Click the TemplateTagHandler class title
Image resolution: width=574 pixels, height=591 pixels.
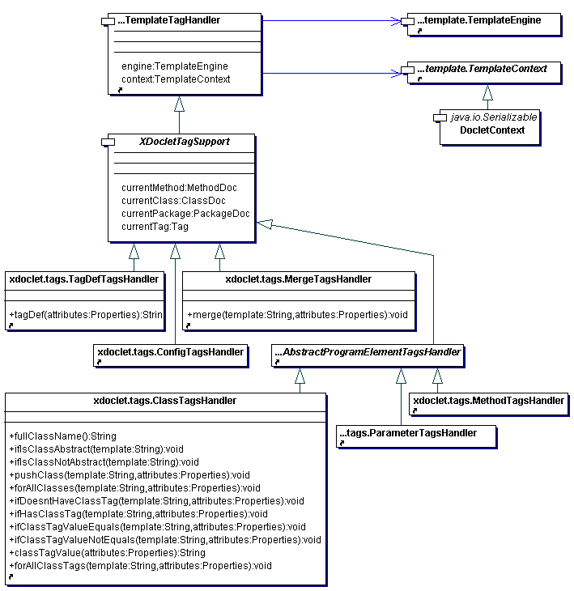coord(168,20)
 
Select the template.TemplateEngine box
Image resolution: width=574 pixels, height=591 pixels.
coord(484,24)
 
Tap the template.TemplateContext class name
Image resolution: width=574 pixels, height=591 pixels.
coord(482,69)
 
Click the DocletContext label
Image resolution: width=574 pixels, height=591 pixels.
coord(492,130)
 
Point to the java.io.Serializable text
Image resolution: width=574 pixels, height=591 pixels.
coord(494,117)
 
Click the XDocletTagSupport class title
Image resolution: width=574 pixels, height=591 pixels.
coord(185,142)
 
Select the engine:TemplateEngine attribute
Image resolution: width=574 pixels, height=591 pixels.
coord(175,66)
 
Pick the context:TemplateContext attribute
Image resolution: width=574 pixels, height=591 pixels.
coord(176,79)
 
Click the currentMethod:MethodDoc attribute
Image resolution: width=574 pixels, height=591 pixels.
coord(179,188)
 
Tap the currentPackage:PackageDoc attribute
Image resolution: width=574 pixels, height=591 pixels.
coord(185,214)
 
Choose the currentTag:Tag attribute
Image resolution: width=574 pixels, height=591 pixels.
coord(155,227)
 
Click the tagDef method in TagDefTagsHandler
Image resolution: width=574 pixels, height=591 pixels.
coord(86,315)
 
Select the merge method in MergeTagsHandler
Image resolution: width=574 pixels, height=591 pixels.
coord(297,315)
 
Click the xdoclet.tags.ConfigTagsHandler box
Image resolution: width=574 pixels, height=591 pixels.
coord(171,355)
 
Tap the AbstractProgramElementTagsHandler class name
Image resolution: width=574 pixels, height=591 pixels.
coord(368,352)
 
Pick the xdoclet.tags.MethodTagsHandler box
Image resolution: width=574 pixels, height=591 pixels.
coord(489,405)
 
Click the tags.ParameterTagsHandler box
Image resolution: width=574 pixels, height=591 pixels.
coord(416,437)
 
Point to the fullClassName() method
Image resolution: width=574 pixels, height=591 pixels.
coord(63,436)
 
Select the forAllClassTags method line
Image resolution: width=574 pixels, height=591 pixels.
coord(141,566)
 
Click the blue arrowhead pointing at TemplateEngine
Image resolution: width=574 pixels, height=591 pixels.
coord(396,21)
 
